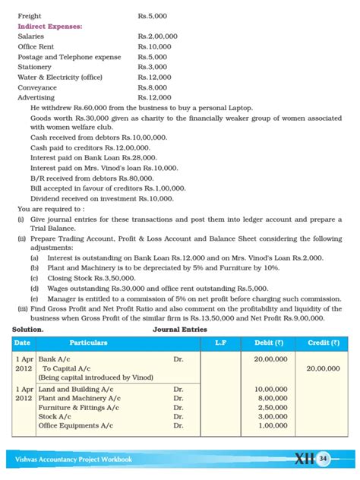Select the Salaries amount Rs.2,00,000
tap(157, 36)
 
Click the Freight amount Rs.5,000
tap(153, 15)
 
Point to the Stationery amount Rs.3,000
tap(153, 67)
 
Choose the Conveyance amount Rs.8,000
tap(153, 87)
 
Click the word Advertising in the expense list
tap(36, 98)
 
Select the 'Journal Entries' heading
tap(182, 330)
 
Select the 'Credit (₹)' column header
tap(324, 343)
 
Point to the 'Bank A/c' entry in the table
tap(57, 358)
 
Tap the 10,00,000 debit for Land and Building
tap(270, 389)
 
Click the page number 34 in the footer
tap(324, 459)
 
